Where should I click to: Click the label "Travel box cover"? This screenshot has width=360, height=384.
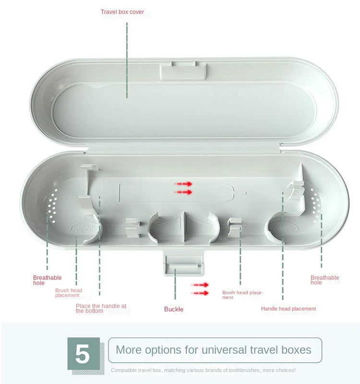(122, 12)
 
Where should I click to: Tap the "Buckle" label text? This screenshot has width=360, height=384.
(174, 309)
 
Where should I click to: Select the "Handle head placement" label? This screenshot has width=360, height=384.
(288, 309)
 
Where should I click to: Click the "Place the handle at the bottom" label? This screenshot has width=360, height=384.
(101, 309)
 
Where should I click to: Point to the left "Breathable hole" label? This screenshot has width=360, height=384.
(47, 280)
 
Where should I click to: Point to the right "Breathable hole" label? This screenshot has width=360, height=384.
(324, 280)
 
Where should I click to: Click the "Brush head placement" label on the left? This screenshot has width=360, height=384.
(69, 293)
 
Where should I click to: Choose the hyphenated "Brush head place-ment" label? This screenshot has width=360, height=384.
(242, 295)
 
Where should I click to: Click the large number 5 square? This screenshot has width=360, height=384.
(84, 354)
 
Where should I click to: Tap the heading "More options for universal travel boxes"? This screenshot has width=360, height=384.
(213, 350)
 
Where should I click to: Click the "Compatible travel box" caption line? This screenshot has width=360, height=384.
(203, 370)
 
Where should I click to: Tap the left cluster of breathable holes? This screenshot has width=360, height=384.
(52, 206)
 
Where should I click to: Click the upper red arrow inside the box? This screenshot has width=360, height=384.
(183, 184)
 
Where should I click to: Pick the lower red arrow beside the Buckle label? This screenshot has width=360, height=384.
(200, 293)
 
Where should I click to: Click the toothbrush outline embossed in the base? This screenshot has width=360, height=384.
(182, 193)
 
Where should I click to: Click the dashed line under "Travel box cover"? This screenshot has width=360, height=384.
(127, 60)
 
